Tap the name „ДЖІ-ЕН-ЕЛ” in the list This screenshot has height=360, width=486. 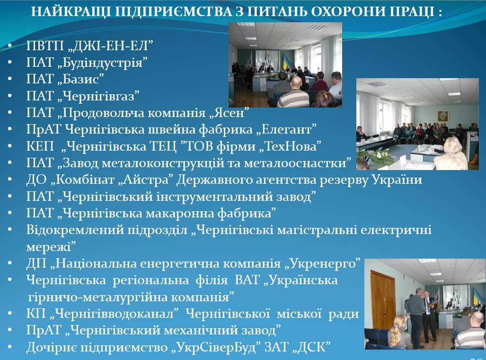pos(110,45)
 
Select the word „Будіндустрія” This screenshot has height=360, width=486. pos(102,63)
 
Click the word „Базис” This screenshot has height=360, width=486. pos(80,79)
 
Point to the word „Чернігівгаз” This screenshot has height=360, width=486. pos(98,96)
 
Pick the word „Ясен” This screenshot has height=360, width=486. pos(229,113)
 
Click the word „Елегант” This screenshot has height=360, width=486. pos(286,129)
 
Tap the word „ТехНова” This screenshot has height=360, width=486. pos(290,146)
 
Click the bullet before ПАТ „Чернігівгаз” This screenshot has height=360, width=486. pos(10,96)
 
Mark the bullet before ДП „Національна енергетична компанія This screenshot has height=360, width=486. pos(10,264)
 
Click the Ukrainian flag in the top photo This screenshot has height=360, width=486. pos(285,63)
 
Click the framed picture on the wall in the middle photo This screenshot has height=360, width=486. pos(443,117)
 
